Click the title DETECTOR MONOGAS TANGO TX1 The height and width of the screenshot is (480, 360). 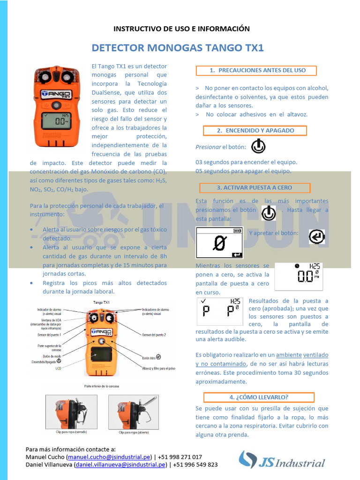click(178, 48)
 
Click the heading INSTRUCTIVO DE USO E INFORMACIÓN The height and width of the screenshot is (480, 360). click(181, 29)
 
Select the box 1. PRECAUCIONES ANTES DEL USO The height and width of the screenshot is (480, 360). click(256, 71)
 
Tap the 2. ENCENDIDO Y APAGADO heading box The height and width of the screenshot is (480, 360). click(255, 131)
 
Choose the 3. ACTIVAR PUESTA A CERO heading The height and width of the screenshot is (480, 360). click(255, 188)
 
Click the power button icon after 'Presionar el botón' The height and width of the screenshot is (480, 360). click(258, 146)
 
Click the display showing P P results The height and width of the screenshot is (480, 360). click(219, 309)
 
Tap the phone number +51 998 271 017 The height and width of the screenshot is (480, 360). click(180, 457)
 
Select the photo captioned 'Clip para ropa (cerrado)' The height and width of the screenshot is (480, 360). click(71, 412)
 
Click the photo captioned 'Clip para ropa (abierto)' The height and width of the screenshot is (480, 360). click(134, 412)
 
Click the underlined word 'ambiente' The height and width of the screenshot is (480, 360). click(288, 355)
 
